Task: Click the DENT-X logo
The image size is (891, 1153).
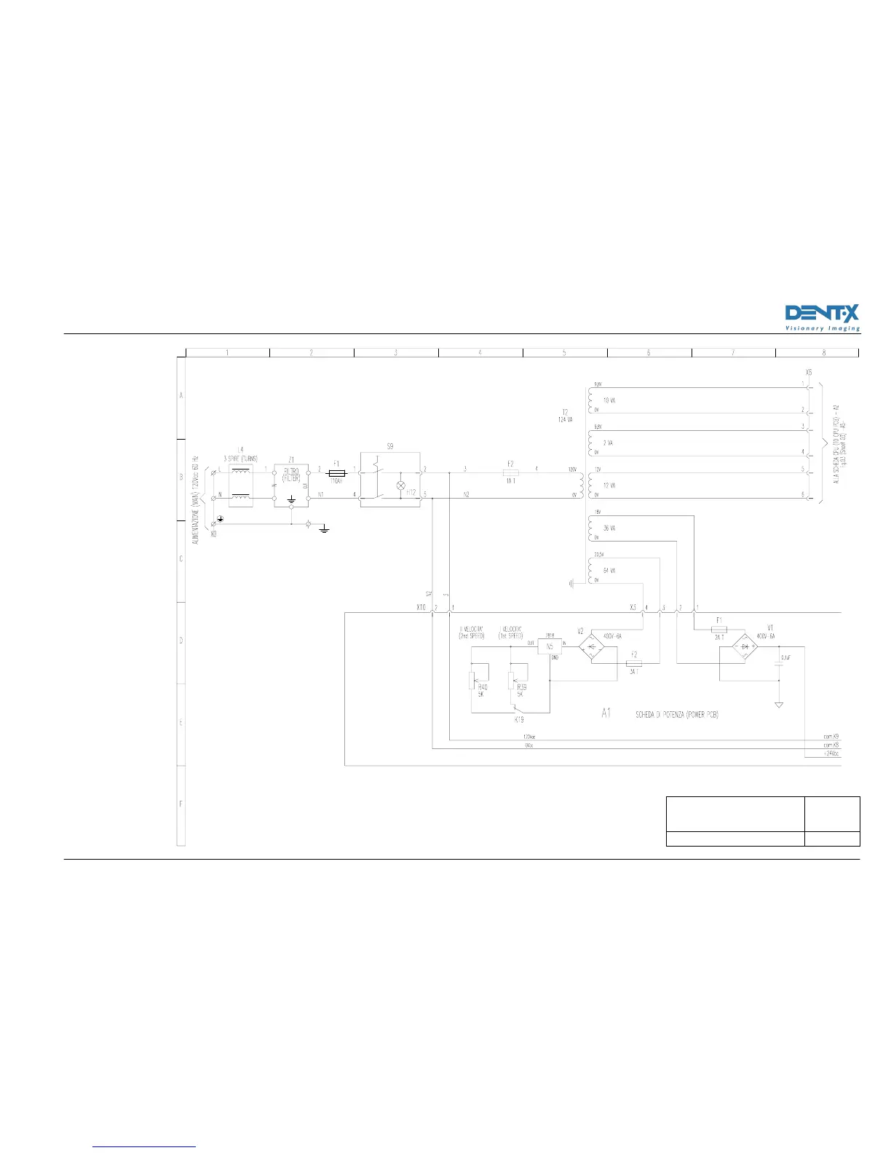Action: coord(823,317)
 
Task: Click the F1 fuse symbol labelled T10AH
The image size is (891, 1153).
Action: coord(337,472)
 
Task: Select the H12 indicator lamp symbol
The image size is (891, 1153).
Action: coord(399,485)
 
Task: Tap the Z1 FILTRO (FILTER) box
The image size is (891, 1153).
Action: coord(291,483)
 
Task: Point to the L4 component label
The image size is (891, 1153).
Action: coord(240,448)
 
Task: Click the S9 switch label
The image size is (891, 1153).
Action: coord(390,446)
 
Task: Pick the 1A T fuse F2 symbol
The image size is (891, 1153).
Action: coord(510,472)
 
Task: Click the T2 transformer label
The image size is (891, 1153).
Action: coord(564,412)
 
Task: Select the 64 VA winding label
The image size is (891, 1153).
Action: coord(609,570)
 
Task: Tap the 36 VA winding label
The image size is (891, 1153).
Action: coord(609,528)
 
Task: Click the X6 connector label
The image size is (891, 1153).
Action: coord(809,372)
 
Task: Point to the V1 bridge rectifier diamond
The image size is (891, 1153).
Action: coord(745,645)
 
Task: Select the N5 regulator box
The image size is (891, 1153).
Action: coord(550,646)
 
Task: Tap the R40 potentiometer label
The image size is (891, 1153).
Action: coord(483,687)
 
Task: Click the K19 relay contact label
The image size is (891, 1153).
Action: coord(519,719)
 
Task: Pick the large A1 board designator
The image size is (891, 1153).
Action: coord(606,714)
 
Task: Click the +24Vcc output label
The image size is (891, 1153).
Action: coord(831,754)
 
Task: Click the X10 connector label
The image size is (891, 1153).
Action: coord(421,607)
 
